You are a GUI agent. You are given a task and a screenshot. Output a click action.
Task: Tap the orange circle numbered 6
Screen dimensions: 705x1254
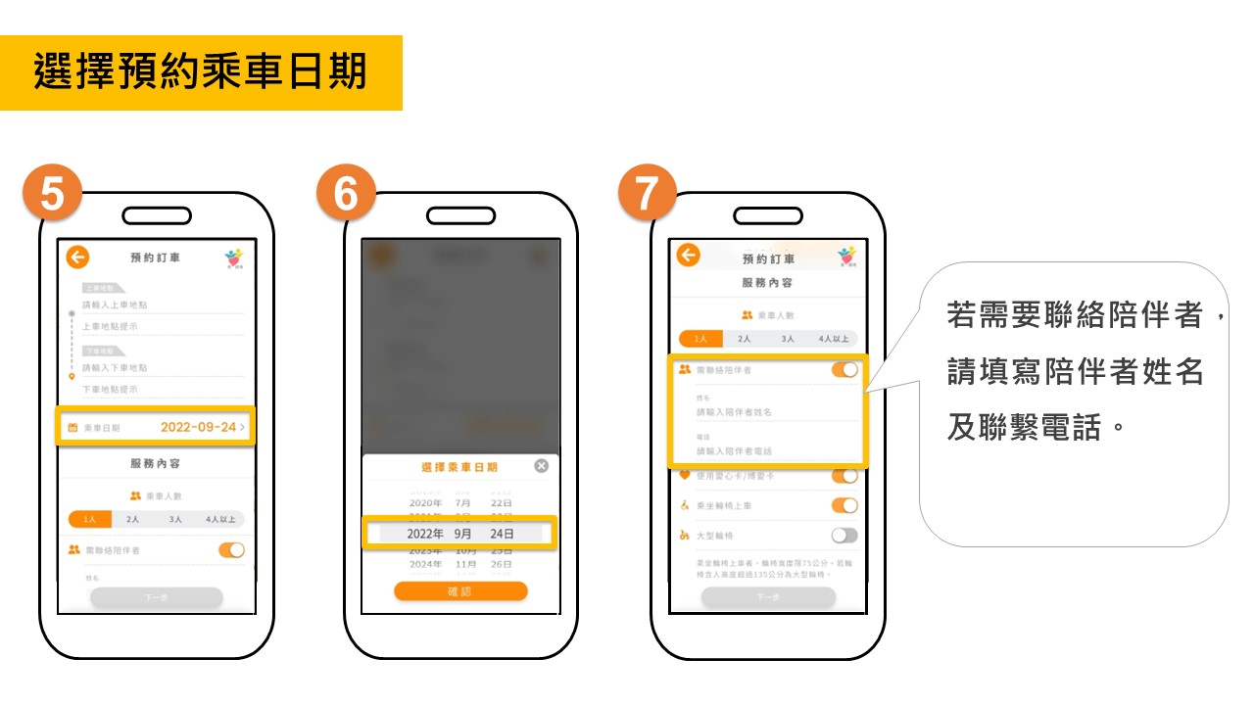tap(346, 193)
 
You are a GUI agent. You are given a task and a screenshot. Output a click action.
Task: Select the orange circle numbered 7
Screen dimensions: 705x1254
tap(647, 193)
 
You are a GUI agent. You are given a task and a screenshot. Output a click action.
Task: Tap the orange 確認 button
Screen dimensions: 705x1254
tap(460, 591)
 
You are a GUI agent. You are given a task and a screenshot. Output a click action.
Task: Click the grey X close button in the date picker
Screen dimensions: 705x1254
tap(541, 466)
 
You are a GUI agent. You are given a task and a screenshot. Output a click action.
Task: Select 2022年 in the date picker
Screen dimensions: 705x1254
tap(425, 534)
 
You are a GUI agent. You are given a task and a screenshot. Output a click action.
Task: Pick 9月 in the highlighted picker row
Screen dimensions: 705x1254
tap(462, 534)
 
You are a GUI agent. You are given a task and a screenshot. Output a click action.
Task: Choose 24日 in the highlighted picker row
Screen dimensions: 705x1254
tap(502, 534)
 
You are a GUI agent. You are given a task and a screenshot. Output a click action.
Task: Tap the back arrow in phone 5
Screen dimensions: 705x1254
tap(77, 258)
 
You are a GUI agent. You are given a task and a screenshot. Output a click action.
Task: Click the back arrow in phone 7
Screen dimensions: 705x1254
tap(689, 256)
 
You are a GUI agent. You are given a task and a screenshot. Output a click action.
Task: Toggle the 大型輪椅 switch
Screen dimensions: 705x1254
tap(844, 536)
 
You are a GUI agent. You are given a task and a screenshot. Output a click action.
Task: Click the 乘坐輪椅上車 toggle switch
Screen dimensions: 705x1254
tap(844, 505)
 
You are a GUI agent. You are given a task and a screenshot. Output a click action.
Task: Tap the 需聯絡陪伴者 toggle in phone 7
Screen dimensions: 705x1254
tap(844, 370)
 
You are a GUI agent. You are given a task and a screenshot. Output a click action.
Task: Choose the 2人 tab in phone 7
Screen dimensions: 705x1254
tap(745, 339)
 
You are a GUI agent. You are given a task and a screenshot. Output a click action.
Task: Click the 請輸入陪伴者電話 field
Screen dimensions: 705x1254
tap(764, 451)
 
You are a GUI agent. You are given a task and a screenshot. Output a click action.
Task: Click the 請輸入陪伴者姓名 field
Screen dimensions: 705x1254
tap(764, 412)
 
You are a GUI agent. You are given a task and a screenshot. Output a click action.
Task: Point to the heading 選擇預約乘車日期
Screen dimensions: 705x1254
tap(201, 72)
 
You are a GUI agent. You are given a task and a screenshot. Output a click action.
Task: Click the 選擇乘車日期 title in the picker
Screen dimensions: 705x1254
tap(458, 467)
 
